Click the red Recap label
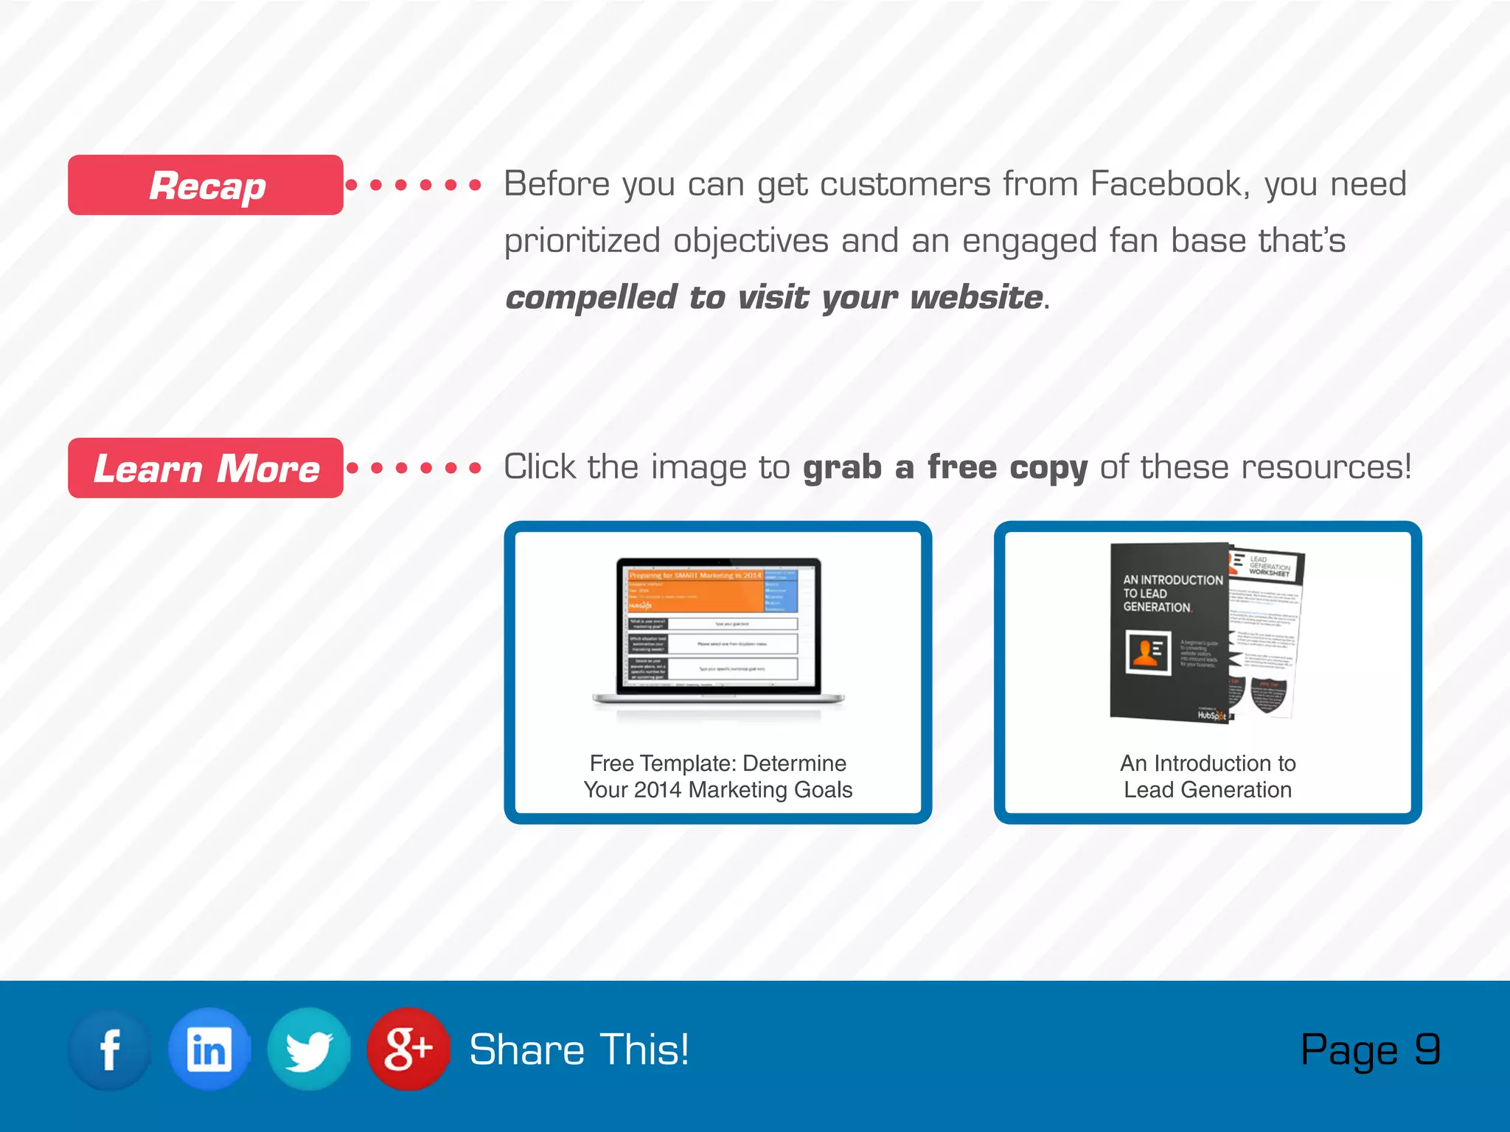[206, 185]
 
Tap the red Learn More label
[206, 468]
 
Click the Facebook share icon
[110, 1049]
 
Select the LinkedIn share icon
[209, 1049]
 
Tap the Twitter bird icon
[308, 1049]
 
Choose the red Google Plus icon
[408, 1049]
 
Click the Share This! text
[580, 1049]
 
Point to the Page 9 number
[1370, 1049]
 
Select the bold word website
[976, 298]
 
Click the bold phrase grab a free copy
[944, 467]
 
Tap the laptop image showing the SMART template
[717, 634]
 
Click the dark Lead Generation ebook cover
[1169, 634]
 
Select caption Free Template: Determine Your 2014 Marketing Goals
[717, 776]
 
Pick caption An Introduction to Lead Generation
[1208, 776]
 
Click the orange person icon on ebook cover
[1147, 653]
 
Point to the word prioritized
[582, 241]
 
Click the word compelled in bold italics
[591, 298]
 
